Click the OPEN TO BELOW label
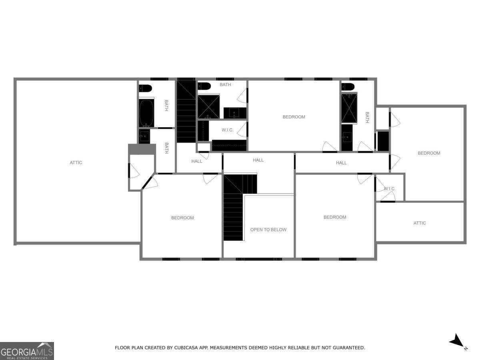point(268,230)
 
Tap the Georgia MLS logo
point(27,351)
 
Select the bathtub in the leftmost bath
point(146,113)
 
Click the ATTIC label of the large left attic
point(76,162)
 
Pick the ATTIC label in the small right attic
point(420,223)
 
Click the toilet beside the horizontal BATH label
point(205,86)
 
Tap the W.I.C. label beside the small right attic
point(389,188)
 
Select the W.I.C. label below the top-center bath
point(228,130)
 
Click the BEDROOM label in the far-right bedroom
point(429,153)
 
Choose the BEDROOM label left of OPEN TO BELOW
point(182,218)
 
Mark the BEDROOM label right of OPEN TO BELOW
point(335,217)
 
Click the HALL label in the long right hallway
point(341,163)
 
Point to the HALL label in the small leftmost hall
point(197,161)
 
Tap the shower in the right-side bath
point(349,108)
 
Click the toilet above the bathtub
point(145,88)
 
